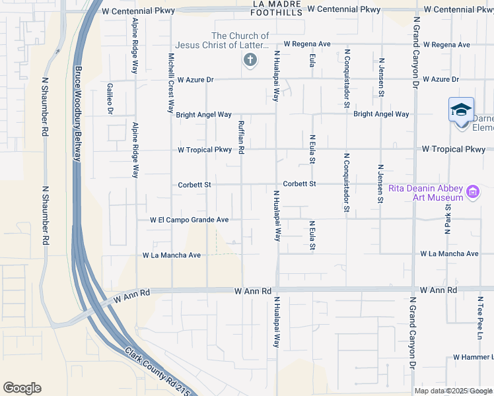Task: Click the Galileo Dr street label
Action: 110,98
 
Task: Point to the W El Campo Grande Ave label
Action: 190,220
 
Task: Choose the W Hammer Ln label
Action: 474,357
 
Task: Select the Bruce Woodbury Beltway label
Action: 78,113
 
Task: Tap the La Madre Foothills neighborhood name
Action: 277,7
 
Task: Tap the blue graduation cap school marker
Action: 461,109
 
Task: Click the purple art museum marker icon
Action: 473,192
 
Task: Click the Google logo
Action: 22,388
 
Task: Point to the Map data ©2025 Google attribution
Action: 453,391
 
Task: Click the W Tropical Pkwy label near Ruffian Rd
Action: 205,150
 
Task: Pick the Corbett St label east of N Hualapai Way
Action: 300,184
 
